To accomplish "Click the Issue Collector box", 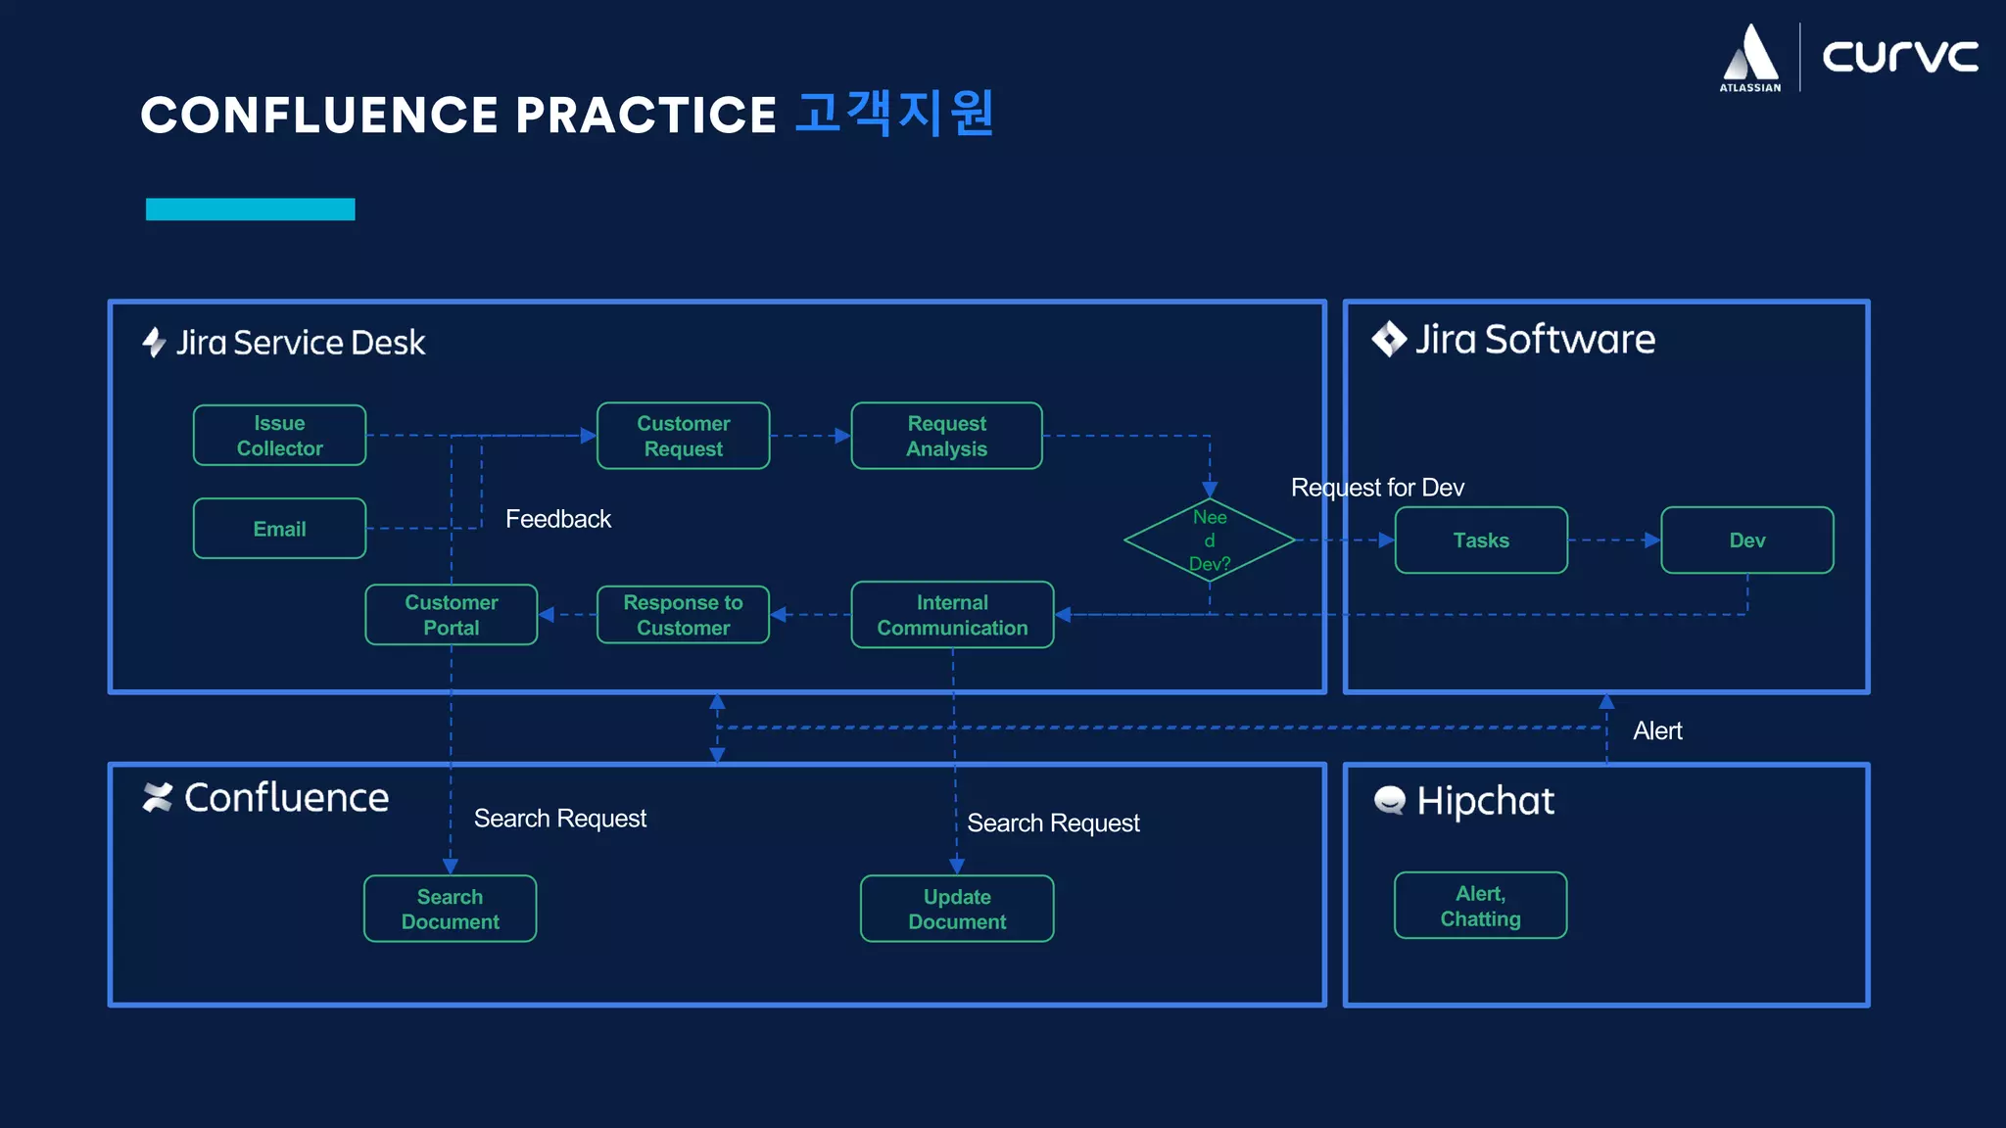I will coord(279,436).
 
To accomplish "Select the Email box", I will coord(279,529).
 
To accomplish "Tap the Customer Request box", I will coord(683,436).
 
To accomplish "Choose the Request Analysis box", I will coord(946,436).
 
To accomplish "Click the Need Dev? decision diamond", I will coord(1210,540).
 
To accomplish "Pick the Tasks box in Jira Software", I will coord(1480,540).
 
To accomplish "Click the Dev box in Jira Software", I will coord(1746,540).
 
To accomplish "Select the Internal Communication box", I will coord(952,615).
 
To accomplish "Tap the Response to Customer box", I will coord(683,615).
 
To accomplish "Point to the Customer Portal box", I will coord(451,615).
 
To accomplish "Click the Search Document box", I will coord(450,909).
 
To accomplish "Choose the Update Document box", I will coord(957,909).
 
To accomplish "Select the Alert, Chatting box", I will coord(1480,906).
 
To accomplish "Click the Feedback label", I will coord(557,519).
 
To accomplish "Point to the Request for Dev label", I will coord(1377,488).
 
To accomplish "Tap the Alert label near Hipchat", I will coord(1657,731).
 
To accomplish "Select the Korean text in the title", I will coord(894,114).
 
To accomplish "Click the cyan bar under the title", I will coord(250,210).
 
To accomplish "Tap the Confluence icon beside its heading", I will coord(157,797).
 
